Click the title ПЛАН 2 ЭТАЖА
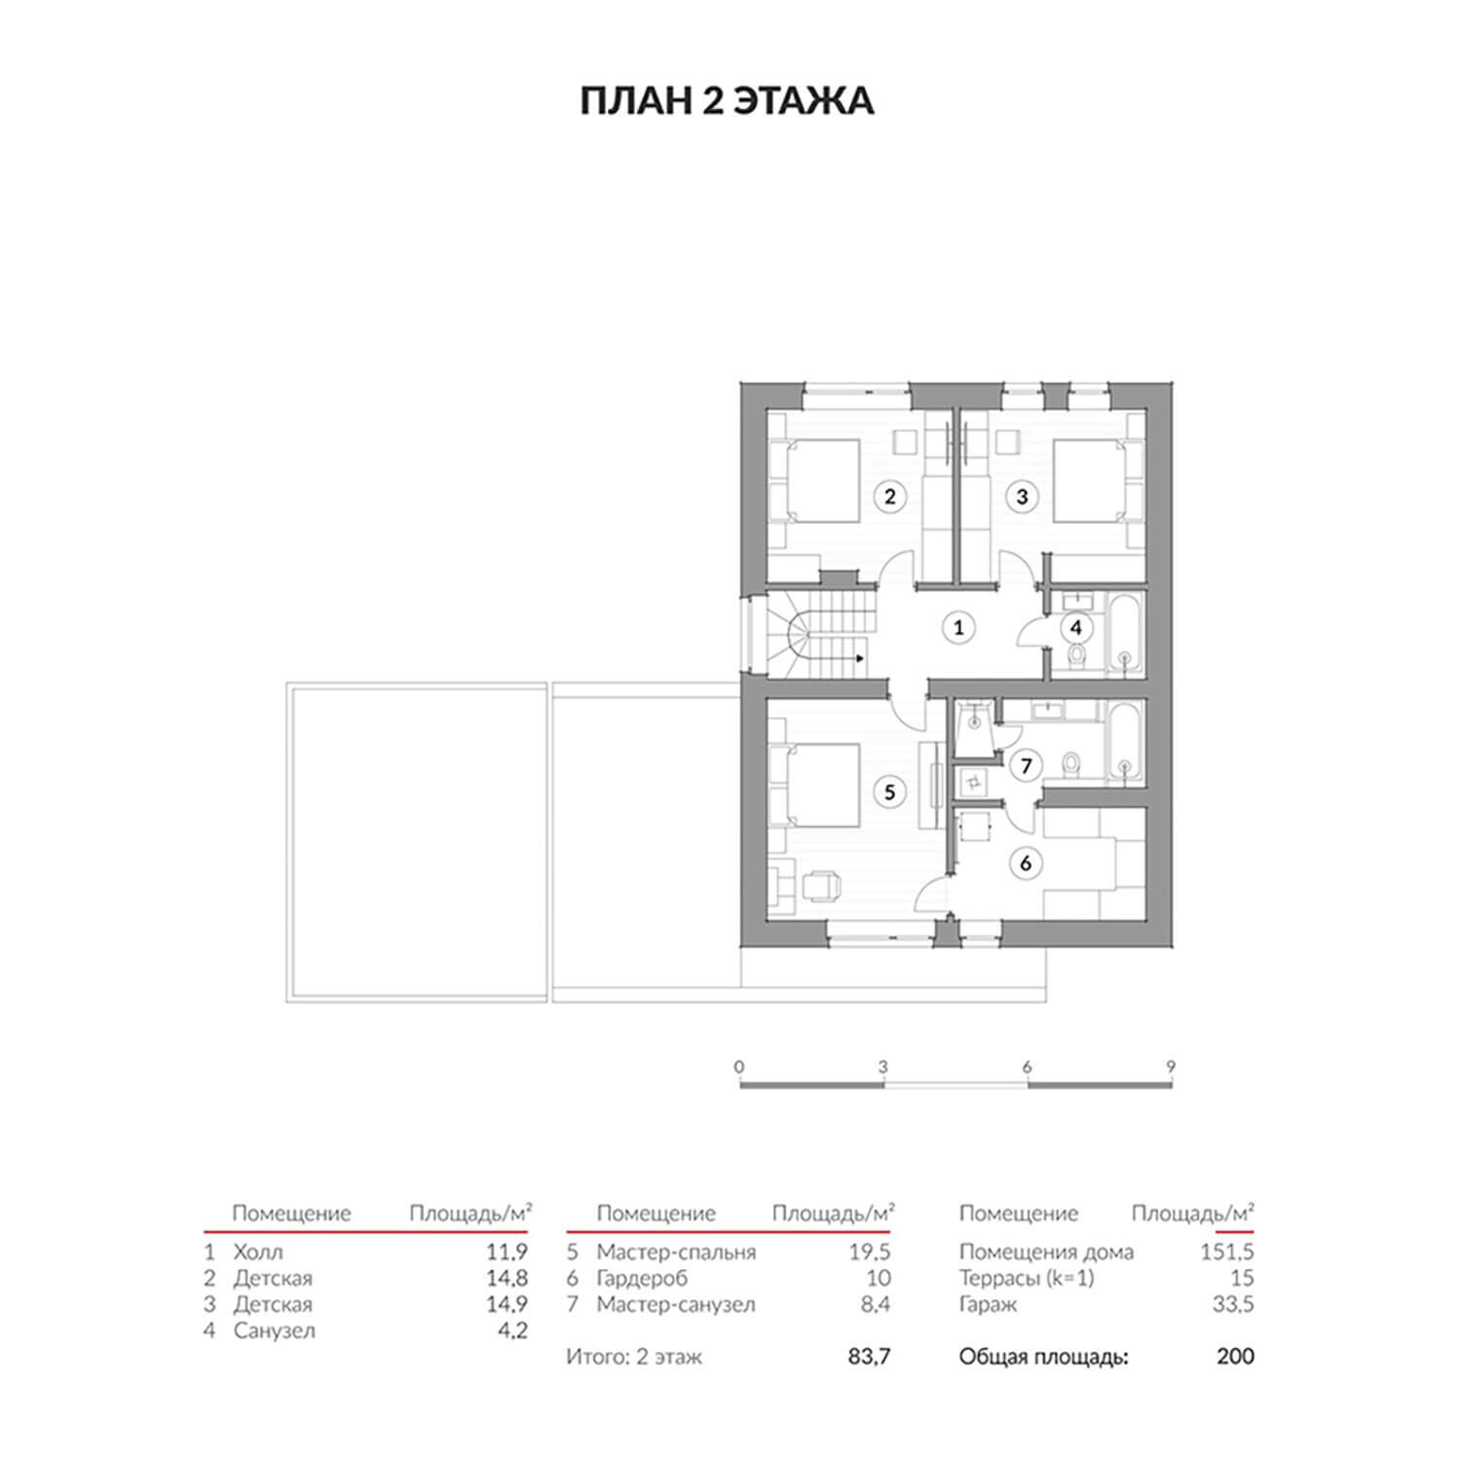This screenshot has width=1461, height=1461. pyautogui.click(x=727, y=102)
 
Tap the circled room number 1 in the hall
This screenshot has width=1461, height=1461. pyautogui.click(x=958, y=627)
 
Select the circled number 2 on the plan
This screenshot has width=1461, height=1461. pyautogui.click(x=889, y=496)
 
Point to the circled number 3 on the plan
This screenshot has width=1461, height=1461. pyautogui.click(x=1022, y=496)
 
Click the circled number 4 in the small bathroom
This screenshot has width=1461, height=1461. pyautogui.click(x=1075, y=627)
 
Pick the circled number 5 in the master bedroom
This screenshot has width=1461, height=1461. pyautogui.click(x=889, y=793)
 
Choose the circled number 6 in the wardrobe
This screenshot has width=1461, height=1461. pyautogui.click(x=1026, y=863)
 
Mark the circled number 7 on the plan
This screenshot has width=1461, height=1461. pyautogui.click(x=1026, y=767)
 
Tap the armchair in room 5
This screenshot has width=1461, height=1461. pyautogui.click(x=820, y=885)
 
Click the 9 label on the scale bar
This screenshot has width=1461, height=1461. pyautogui.click(x=1171, y=1067)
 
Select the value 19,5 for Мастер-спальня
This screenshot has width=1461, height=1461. pyautogui.click(x=870, y=1252)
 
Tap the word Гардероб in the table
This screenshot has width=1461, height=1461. pyautogui.click(x=643, y=1279)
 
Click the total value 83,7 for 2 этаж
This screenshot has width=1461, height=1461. pyautogui.click(x=870, y=1356)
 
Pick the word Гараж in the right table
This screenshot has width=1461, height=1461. pyautogui.click(x=988, y=1305)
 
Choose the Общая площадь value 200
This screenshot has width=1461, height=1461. pyautogui.click(x=1236, y=1356)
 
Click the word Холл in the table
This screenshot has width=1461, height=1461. pyautogui.click(x=258, y=1252)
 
